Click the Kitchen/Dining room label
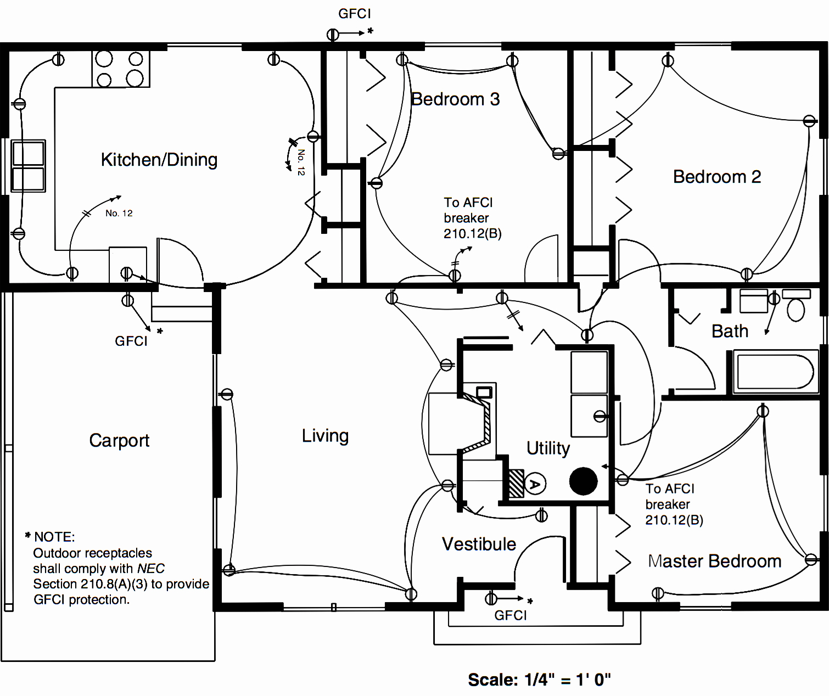point(159,160)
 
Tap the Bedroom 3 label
point(455,99)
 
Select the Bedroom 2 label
point(716,177)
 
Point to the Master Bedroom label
point(714,561)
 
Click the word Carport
point(119,440)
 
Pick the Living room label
point(325,436)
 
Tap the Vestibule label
point(479,544)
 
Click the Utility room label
point(548,448)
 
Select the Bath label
point(730,331)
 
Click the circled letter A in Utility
point(534,484)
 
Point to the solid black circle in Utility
point(583,481)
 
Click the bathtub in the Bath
point(775,372)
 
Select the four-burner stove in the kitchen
point(120,69)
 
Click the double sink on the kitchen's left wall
point(28,166)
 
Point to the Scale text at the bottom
point(539,680)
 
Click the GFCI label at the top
point(354,14)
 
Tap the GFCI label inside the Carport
point(131,341)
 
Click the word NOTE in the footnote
point(54,537)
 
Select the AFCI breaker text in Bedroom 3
point(472,218)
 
